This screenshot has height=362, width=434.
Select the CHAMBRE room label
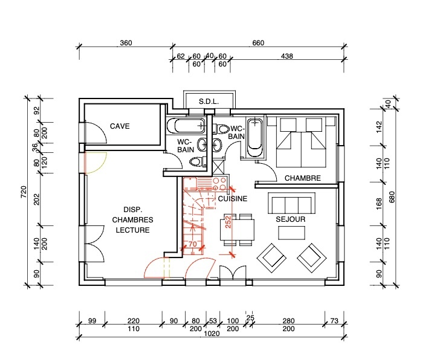pyautogui.click(x=302, y=178)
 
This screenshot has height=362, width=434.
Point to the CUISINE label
pyautogui.click(x=232, y=198)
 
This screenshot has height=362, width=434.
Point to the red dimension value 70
pyautogui.click(x=193, y=244)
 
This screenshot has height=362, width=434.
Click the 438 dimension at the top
pyautogui.click(x=287, y=56)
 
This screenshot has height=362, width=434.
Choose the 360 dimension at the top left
pyautogui.click(x=126, y=43)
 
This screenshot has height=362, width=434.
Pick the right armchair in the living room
pyautogui.click(x=313, y=256)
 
